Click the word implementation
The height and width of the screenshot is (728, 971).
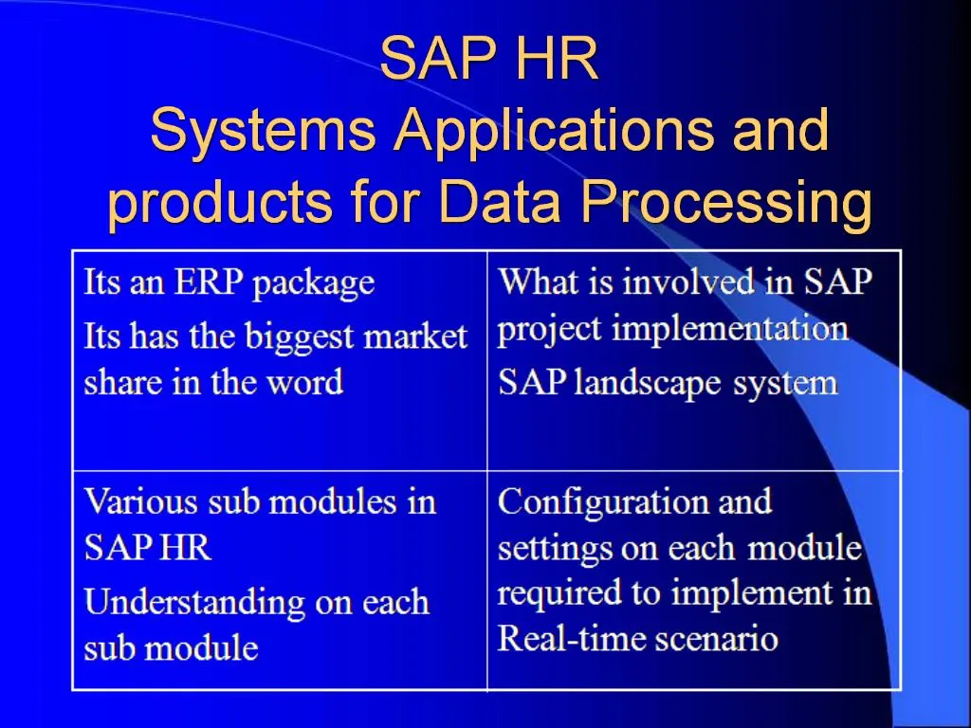[x=729, y=329]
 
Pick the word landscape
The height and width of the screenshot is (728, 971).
[x=640, y=383]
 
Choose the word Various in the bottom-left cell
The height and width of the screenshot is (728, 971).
[x=137, y=500]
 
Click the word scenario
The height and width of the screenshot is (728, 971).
[x=724, y=637]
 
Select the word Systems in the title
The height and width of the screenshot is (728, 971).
[x=262, y=130]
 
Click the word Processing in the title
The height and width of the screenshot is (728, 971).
[x=725, y=202]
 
